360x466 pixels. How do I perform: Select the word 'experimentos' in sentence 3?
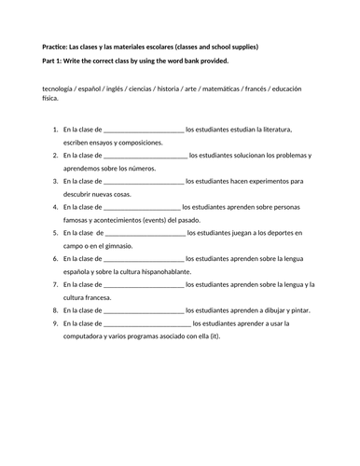(x=276, y=180)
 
